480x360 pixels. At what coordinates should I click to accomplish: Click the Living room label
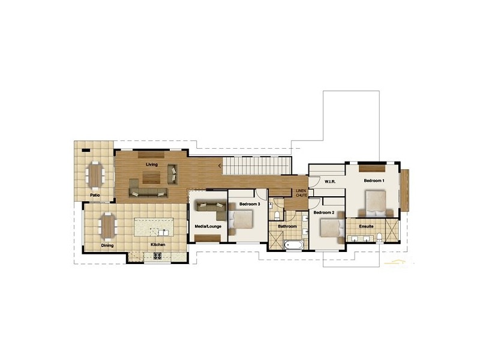point(152,164)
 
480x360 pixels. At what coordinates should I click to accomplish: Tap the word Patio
point(95,195)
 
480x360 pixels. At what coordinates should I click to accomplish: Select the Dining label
point(107,245)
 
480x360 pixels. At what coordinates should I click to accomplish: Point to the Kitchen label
point(158,245)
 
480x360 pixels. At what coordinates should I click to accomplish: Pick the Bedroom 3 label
point(249,205)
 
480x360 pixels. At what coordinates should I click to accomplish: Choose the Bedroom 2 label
point(324,212)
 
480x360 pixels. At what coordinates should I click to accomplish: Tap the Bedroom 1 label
point(374,181)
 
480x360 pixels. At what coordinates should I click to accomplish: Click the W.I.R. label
point(329,181)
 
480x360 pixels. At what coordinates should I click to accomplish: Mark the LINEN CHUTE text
point(301,193)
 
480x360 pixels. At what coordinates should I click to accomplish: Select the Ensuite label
point(367,226)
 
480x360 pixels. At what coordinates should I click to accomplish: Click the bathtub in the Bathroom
point(295,244)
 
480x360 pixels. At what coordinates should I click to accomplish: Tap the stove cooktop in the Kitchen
point(158,256)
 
